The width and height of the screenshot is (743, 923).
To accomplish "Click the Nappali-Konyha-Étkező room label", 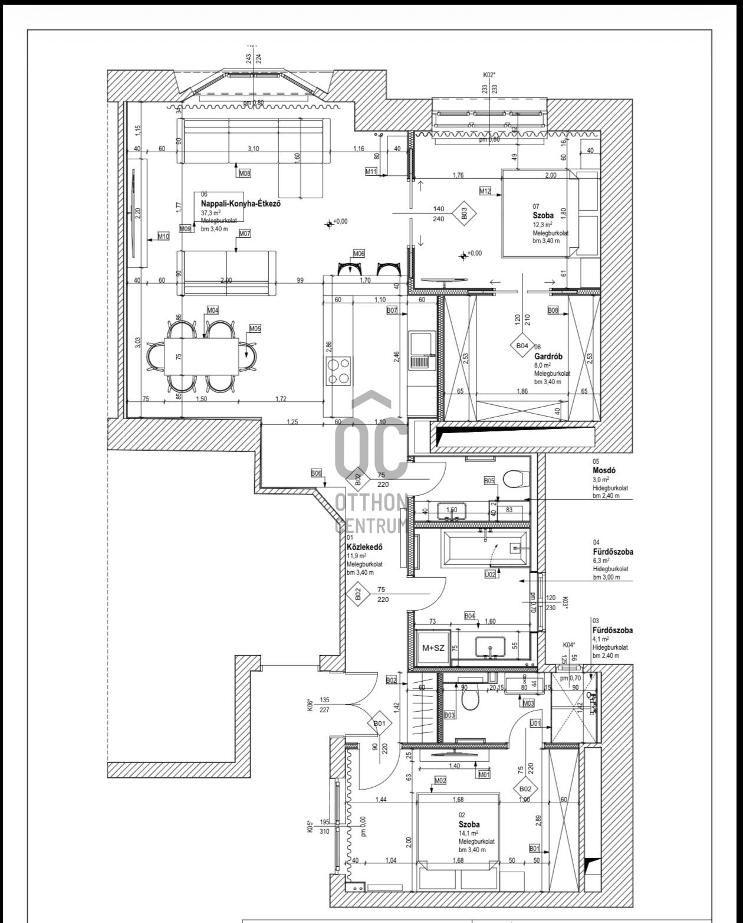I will tap(239, 203).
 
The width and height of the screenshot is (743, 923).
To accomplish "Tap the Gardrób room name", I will tap(548, 356).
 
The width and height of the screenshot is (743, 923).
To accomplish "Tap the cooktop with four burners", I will tap(338, 372).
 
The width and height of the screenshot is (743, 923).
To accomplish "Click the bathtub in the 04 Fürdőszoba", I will tap(485, 548).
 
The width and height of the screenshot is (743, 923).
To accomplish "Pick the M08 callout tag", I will tap(244, 174).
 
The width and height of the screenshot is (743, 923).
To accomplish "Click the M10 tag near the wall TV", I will tap(163, 237).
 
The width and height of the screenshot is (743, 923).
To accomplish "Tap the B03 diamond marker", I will tap(464, 214).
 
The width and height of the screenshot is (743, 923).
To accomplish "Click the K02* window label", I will tap(489, 75).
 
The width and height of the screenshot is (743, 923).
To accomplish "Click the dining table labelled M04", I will tap(202, 356).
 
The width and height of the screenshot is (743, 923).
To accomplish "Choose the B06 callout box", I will tap(317, 473).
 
